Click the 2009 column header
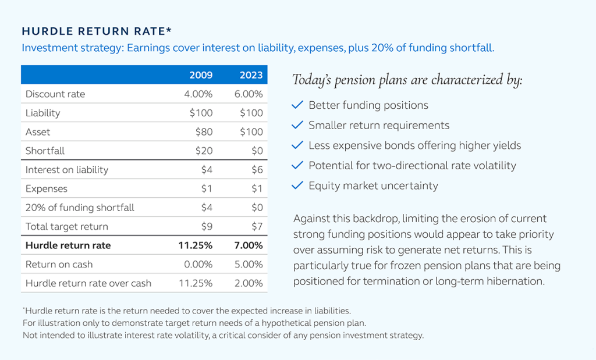[x=201, y=75]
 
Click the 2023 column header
[x=251, y=75]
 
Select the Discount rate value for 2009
[x=198, y=94]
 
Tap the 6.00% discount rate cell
[x=249, y=94]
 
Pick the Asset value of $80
[x=204, y=132]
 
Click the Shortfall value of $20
[x=204, y=151]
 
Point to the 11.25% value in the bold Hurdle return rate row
[x=195, y=245]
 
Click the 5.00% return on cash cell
[x=249, y=265]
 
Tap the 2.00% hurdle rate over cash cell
[x=249, y=284]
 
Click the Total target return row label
[x=66, y=227]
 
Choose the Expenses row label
[x=46, y=189]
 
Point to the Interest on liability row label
[x=66, y=170]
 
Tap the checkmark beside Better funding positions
[x=297, y=105]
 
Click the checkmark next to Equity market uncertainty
[x=297, y=186]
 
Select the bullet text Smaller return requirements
[x=378, y=126]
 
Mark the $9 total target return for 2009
[x=207, y=227]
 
